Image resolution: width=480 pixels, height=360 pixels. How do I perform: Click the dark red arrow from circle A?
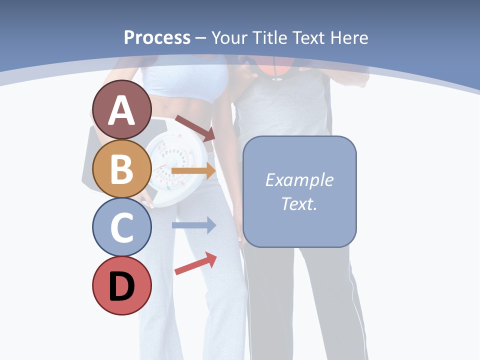pyautogui.click(x=194, y=128)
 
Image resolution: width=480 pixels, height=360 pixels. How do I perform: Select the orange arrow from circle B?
pyautogui.click(x=193, y=171)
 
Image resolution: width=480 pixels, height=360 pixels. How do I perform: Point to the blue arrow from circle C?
pyautogui.click(x=193, y=225)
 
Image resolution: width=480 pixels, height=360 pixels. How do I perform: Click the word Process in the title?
pyautogui.click(x=157, y=37)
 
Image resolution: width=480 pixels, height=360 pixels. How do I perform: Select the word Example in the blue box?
pyautogui.click(x=299, y=180)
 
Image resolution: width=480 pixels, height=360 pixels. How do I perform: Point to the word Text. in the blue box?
pyautogui.click(x=299, y=203)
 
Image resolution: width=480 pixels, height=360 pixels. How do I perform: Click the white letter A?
pyautogui.click(x=121, y=110)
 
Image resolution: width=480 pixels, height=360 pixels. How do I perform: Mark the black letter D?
pyautogui.click(x=121, y=287)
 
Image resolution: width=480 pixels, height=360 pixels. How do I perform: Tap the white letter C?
pyautogui.click(x=121, y=228)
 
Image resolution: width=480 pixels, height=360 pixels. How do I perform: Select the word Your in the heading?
pyautogui.click(x=231, y=37)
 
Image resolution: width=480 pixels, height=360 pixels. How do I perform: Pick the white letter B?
pyautogui.click(x=121, y=169)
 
